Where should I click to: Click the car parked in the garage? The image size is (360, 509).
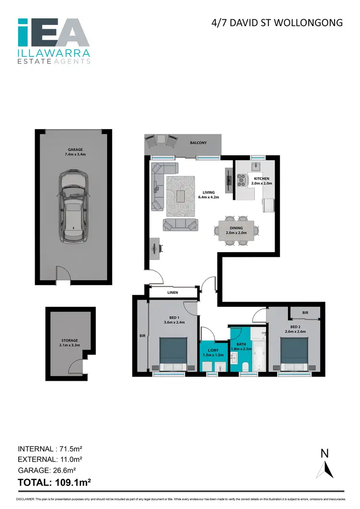[x=74, y=207]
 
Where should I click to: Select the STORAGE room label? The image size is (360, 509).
[x=69, y=343]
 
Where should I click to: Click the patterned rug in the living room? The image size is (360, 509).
[x=180, y=196]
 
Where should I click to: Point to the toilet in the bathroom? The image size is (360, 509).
[x=245, y=366]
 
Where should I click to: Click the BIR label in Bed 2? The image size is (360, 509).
[x=305, y=313]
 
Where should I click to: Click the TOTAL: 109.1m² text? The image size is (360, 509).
[x=55, y=480]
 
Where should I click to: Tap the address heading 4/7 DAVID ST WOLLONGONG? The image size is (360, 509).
[x=277, y=23]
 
